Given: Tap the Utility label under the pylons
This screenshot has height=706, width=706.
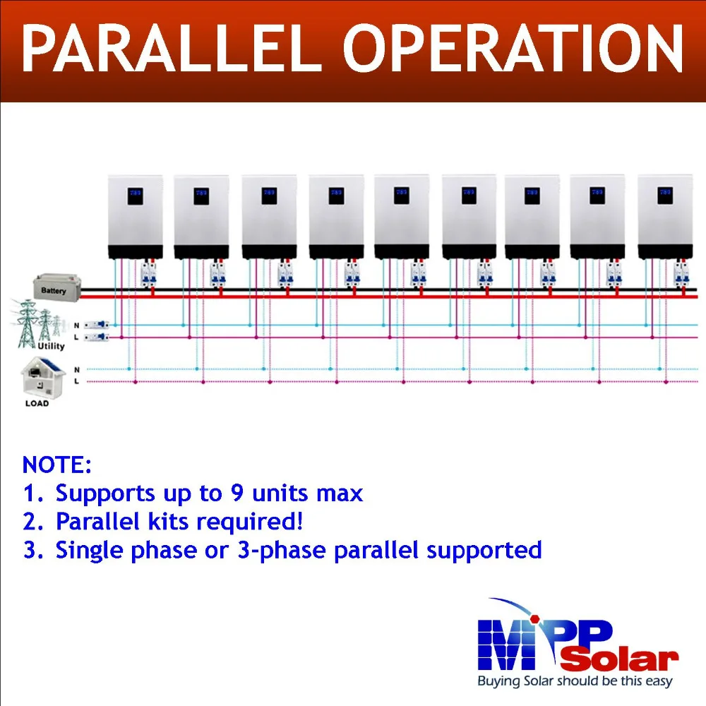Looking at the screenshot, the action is tap(51, 346).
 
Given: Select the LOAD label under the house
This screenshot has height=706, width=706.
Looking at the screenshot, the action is tap(37, 403).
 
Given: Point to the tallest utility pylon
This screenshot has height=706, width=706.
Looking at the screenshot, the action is tap(27, 323).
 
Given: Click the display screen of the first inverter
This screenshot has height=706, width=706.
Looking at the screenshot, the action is tap(135, 196).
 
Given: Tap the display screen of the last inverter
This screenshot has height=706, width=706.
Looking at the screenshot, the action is tap(665, 196).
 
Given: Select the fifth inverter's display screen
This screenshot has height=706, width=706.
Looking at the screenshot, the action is tap(402, 196).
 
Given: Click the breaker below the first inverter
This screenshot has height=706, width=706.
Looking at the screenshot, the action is tap(148, 275).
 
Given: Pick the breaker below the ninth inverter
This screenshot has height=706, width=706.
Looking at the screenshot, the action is tap(682, 275).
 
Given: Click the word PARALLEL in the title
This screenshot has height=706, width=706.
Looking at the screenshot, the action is tap(172, 49).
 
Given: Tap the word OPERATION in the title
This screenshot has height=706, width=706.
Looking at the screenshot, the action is tap(513, 49).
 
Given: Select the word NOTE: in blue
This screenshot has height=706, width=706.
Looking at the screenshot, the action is tap(56, 465).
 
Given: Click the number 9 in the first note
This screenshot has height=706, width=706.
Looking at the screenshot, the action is tap(237, 493).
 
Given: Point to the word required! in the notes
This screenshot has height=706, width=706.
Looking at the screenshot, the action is tap(251, 522).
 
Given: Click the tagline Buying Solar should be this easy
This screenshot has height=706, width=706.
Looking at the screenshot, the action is tap(575, 681).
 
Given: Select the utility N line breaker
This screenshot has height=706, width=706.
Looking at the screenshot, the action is tap(96, 325).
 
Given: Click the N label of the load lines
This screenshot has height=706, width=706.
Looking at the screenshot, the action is tap(77, 370).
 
